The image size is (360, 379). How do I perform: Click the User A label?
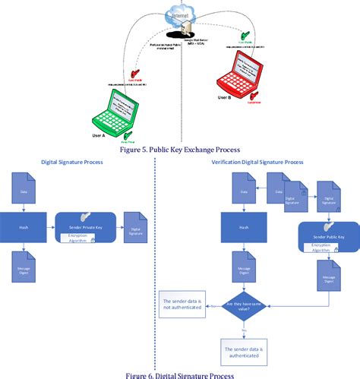[x=99, y=136]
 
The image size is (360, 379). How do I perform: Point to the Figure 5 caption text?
[x=179, y=149]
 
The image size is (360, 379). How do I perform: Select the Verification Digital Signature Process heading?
[x=258, y=163]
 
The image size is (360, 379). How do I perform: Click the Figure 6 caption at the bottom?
[x=179, y=374]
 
